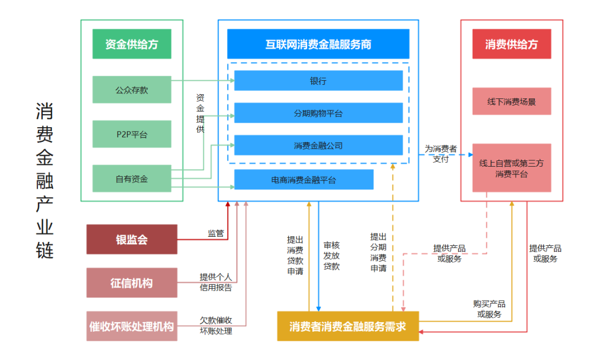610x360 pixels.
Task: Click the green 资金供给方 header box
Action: coord(132,44)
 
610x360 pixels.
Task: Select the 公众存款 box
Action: coord(132,89)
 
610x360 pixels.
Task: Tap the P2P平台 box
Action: coord(132,134)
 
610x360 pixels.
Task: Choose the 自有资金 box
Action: coord(132,179)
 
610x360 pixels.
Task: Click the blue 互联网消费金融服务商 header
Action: coord(318,44)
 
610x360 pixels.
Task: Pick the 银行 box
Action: coord(318,81)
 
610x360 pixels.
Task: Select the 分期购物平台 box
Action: coord(318,113)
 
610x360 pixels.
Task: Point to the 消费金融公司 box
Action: coord(318,145)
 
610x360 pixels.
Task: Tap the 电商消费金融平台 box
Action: coord(303,180)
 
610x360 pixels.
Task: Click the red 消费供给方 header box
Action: coord(511,44)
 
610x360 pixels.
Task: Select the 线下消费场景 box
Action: coord(511,102)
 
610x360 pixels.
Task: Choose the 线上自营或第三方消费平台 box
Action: coord(511,168)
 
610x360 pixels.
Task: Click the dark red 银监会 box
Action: coord(132,239)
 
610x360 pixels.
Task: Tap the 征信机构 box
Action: coord(132,283)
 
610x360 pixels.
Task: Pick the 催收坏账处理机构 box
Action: coord(132,326)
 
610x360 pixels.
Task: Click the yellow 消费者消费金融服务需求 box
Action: coord(347,326)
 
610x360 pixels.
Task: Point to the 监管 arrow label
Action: coord(216,233)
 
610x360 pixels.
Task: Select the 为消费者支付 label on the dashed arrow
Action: coord(441,154)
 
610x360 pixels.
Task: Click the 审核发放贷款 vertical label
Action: coord(332,255)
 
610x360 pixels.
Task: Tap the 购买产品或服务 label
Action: coord(489,309)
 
